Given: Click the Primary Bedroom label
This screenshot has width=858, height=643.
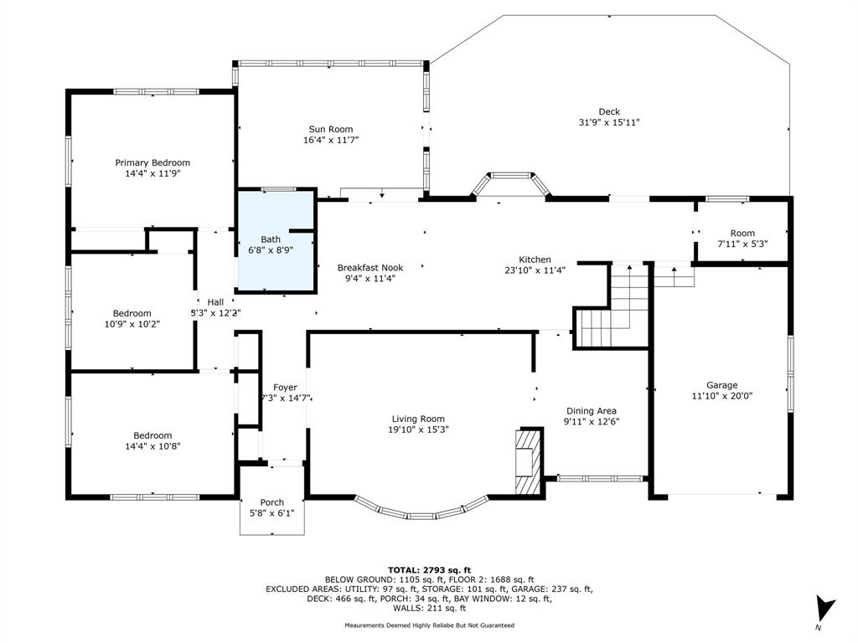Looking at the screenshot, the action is pos(152,162).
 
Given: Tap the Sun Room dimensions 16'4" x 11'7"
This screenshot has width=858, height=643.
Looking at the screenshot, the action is pos(331,140).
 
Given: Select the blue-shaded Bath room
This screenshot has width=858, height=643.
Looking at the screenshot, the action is pos(277,240).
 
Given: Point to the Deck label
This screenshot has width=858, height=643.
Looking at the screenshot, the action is pos(609,111).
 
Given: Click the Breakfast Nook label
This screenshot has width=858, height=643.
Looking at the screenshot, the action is pos(370,267).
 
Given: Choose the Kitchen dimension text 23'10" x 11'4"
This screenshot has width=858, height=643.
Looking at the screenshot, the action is pos(535,270).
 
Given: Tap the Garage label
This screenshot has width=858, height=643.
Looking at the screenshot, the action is pos(721,385).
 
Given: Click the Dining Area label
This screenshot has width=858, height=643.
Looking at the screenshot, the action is pos(592,410).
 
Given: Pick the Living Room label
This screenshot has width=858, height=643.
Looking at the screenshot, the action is pos(418,419).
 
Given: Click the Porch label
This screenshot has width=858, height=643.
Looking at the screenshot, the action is pos(272,502).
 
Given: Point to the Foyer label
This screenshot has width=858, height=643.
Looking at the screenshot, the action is pos(285,387).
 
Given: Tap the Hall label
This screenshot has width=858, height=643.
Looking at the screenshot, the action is pos(215,301).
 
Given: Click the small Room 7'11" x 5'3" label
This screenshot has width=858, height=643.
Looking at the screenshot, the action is pos(742,233).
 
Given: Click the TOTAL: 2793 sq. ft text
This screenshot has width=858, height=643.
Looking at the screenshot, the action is pos(429,569).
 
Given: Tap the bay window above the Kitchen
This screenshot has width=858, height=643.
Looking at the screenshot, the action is pos(510,184).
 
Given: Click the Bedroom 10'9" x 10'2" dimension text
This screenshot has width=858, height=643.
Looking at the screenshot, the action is pos(132,324).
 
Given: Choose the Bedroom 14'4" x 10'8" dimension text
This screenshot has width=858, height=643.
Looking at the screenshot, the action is pos(152,446).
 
